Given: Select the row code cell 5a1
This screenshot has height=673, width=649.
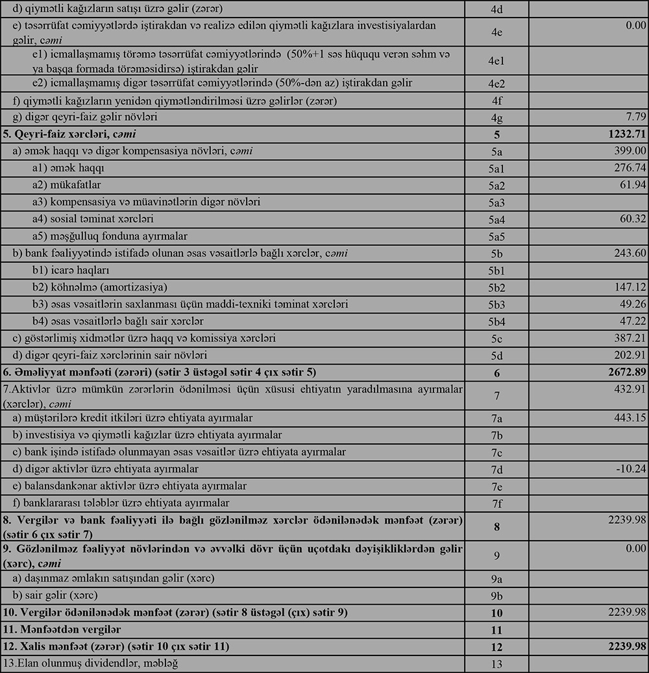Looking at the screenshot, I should (496, 168).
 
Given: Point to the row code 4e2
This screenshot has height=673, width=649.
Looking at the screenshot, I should (496, 84).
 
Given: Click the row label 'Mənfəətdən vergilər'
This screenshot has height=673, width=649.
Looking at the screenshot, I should (62, 630).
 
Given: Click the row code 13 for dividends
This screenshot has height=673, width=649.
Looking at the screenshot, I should (496, 664).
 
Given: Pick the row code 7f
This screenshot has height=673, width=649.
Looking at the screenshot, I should (496, 503).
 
